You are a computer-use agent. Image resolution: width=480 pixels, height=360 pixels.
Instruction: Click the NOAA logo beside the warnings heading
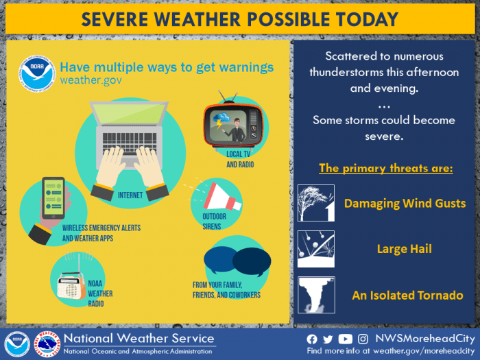[37, 74]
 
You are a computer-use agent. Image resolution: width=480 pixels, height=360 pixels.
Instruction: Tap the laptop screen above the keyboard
[129, 113]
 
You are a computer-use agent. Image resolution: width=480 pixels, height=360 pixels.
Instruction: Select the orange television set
[233, 123]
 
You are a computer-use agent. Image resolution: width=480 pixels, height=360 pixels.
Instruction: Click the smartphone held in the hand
[53, 197]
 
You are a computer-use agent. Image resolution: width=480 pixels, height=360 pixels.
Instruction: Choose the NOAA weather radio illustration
[71, 285]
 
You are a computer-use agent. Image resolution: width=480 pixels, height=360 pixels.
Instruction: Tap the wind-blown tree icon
[316, 203]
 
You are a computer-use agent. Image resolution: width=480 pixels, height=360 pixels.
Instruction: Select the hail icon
[316, 249]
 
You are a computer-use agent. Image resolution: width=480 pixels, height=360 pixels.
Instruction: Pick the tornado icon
[316, 295]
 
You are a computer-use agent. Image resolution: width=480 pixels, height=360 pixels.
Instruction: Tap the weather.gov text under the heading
[91, 80]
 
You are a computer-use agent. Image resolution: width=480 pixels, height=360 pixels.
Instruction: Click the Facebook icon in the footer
[312, 339]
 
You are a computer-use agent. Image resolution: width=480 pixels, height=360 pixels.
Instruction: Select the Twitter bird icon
[328, 339]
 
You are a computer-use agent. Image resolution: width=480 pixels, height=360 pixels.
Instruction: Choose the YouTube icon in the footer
[346, 339]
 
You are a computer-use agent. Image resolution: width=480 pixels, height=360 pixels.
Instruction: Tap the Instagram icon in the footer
[363, 339]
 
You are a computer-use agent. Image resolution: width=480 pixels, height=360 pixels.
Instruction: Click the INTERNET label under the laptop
[130, 195]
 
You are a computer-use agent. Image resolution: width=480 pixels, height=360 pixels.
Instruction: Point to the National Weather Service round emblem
[47, 344]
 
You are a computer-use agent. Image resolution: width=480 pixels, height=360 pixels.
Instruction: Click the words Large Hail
[405, 249]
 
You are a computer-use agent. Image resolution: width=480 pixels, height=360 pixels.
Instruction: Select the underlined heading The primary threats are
[385, 169]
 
